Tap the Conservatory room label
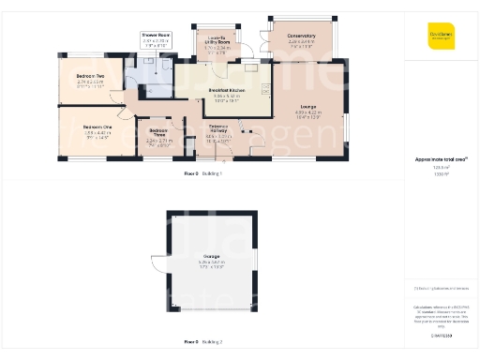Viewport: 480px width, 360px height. pos(301,36)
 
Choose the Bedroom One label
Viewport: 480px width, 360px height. pos(97,127)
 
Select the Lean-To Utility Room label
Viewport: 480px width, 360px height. pos(216,38)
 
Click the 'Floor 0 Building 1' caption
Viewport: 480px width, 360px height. pos(202,174)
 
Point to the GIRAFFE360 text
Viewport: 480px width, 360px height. pos(441,335)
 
